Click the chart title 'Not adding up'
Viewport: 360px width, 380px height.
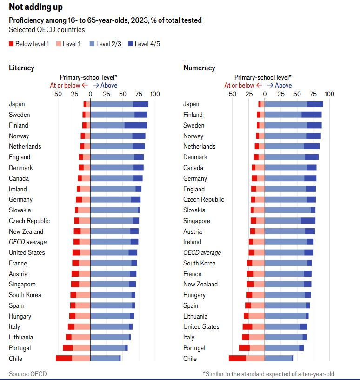[36, 7]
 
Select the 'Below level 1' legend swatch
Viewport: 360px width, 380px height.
[12, 44]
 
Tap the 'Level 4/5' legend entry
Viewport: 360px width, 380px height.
[144, 44]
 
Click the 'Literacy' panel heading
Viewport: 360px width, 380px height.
[21, 68]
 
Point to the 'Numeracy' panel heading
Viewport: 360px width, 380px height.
[199, 68]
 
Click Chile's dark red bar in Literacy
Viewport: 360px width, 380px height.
[64, 359]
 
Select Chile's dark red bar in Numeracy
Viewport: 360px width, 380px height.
[237, 359]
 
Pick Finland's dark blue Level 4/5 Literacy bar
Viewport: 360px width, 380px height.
[136, 125]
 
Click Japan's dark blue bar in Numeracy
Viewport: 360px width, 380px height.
[315, 104]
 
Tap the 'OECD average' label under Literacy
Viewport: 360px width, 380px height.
[27, 242]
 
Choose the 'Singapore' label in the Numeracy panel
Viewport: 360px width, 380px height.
[196, 221]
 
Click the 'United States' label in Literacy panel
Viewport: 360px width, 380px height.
[27, 252]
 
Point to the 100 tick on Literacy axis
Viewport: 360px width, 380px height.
[155, 94]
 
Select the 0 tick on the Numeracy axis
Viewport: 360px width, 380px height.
[265, 94]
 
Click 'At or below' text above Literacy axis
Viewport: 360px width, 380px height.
[65, 85]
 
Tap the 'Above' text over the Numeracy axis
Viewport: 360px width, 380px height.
[283, 85]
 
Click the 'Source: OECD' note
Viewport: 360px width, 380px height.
[28, 374]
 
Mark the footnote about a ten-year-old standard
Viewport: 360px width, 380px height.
[268, 374]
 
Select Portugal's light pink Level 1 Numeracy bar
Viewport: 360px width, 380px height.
[257, 348]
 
